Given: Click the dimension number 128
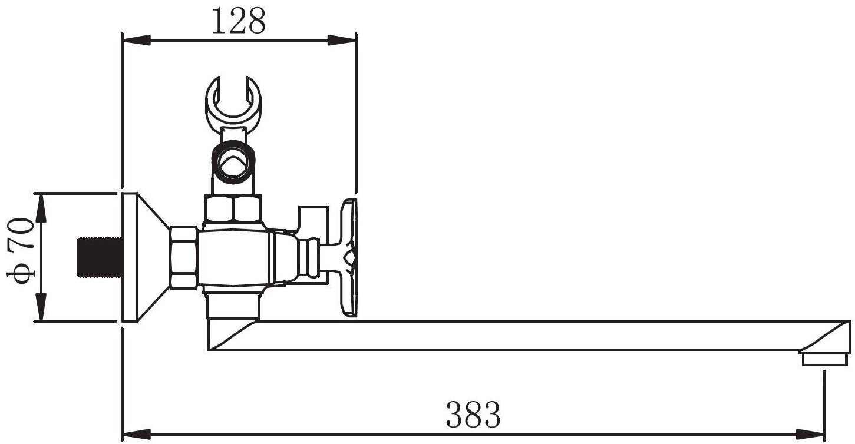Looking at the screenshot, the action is [x=238, y=21].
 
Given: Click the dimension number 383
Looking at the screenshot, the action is [x=473, y=414].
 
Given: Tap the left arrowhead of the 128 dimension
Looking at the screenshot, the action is [x=136, y=40].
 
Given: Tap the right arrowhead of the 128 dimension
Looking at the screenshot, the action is [x=342, y=40].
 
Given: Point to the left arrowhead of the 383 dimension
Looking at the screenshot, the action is [x=136, y=434].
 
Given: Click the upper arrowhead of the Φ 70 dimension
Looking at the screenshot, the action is [x=42, y=208].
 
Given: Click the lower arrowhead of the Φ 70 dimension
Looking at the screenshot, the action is [x=42, y=307].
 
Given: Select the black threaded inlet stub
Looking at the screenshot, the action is [x=100, y=257].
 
